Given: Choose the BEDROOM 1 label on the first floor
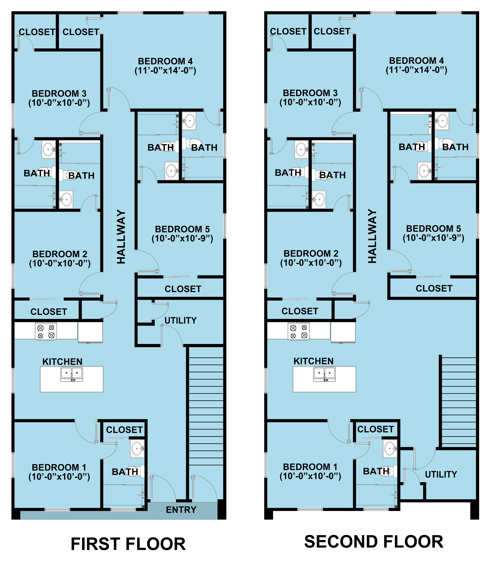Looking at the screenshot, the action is tap(59, 467).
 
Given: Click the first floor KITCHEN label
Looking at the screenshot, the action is tap(62, 362).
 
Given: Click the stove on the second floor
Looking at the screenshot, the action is tap(299, 331).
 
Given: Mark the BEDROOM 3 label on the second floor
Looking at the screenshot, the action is tap(310, 93).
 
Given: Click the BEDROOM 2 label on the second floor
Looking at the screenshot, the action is tap(311, 254).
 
